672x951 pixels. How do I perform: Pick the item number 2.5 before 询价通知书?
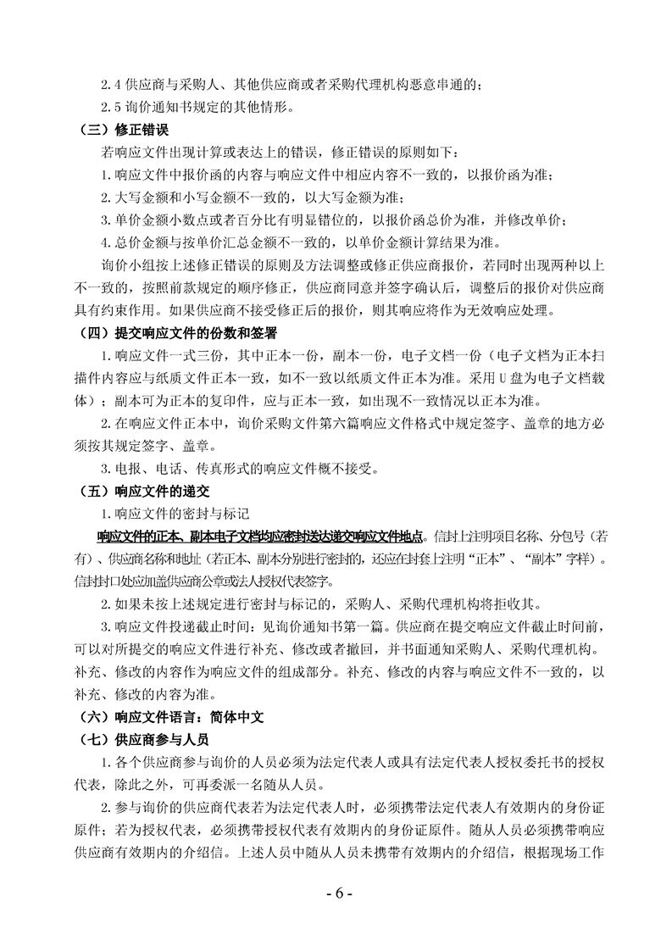111,108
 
